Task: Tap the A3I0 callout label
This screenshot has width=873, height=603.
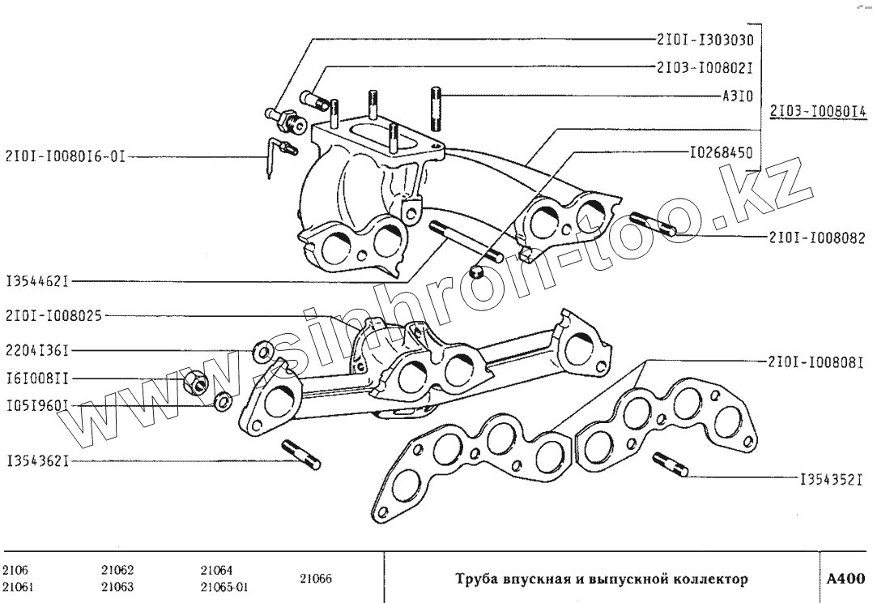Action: [737, 96]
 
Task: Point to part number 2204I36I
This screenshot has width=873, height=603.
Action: [36, 351]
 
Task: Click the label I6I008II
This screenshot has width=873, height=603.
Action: [36, 378]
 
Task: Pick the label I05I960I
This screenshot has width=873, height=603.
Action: [36, 404]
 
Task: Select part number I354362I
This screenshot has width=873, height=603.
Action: [36, 460]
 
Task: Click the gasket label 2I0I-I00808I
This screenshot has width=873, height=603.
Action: [813, 362]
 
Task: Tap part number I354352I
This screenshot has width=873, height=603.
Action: [831, 478]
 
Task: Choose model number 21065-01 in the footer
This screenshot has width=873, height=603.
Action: [224, 587]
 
